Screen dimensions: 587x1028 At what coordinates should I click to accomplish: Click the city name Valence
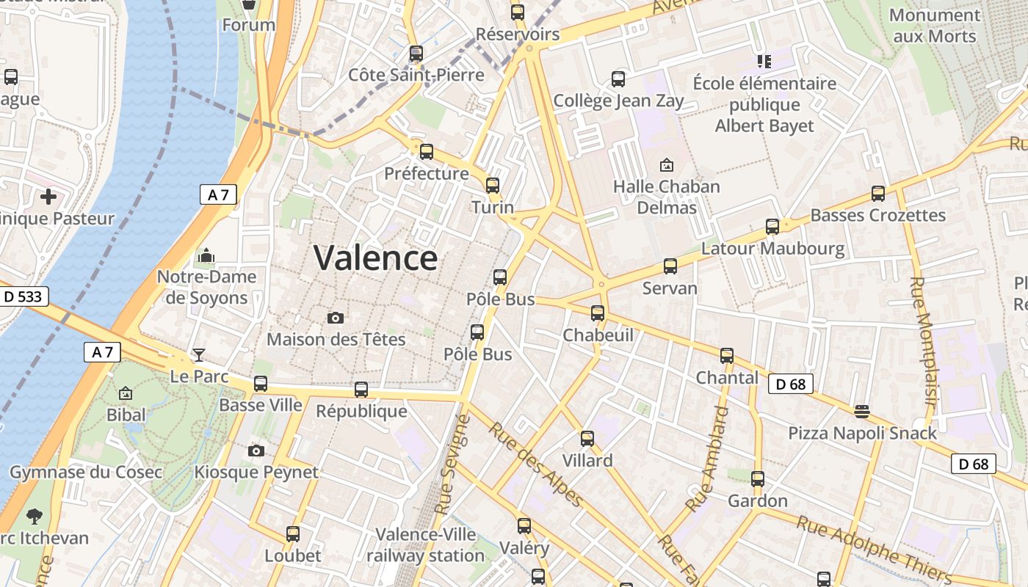click(375, 258)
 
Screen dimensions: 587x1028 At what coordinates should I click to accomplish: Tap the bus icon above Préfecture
click(426, 152)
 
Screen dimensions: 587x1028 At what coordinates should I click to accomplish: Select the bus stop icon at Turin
click(493, 185)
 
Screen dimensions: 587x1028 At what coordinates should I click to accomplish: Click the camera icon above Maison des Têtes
click(336, 318)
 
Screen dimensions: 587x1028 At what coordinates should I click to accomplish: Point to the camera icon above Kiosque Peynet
click(256, 451)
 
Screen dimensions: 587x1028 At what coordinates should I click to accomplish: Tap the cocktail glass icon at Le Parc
click(199, 355)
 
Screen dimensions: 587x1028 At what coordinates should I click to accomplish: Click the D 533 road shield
click(23, 296)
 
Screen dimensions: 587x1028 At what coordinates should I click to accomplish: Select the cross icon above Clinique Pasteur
click(48, 197)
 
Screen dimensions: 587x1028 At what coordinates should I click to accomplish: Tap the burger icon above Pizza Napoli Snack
click(862, 412)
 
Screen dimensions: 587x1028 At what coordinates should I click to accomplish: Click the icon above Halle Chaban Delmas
click(667, 165)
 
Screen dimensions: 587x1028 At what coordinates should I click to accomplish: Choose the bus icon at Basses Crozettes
click(878, 194)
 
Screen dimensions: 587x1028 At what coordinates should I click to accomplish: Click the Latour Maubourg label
click(772, 249)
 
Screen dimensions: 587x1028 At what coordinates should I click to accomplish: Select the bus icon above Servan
click(670, 266)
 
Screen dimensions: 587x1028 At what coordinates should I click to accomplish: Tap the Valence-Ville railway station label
click(426, 545)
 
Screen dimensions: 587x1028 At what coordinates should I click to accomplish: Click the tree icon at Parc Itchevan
click(34, 516)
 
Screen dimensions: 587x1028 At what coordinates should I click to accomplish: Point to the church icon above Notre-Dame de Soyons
click(206, 255)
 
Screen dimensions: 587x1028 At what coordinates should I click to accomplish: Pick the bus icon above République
click(361, 390)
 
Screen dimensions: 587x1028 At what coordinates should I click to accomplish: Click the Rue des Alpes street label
click(536, 464)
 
